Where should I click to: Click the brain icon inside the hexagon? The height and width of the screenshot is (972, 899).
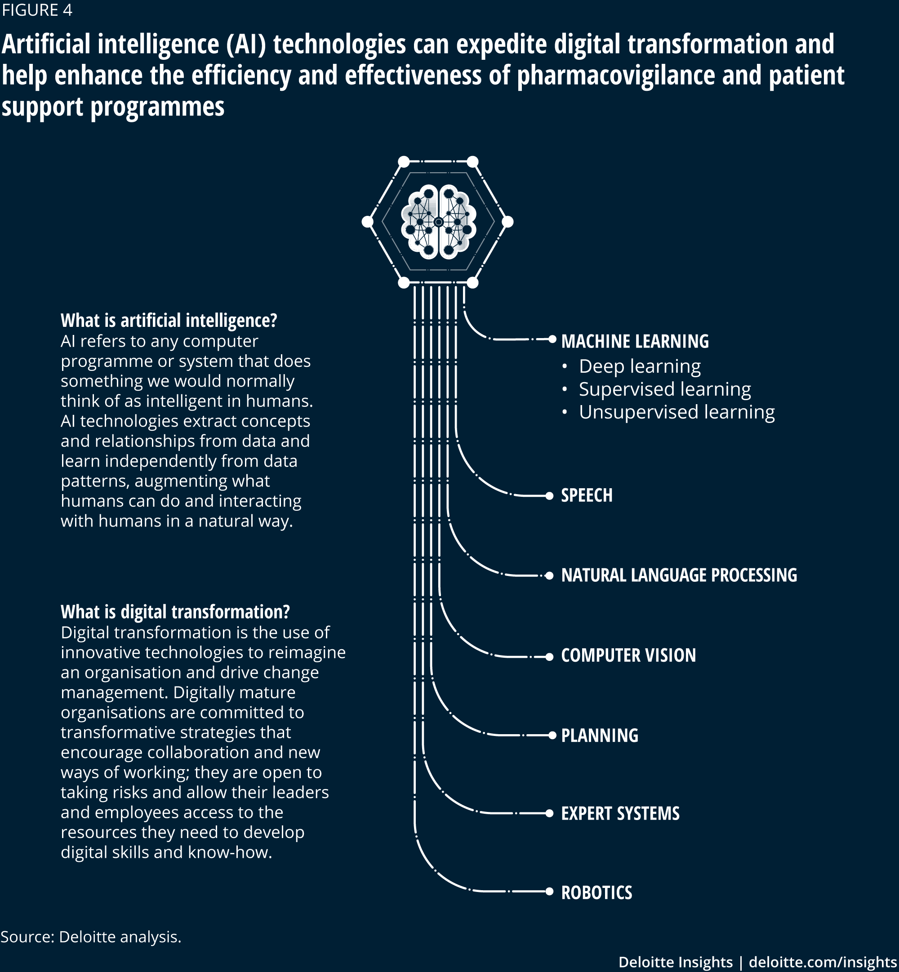(438, 221)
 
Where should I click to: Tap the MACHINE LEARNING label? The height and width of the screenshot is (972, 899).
(635, 342)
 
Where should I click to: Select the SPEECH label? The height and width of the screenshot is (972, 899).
(587, 495)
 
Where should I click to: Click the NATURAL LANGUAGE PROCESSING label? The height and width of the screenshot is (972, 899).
(679, 575)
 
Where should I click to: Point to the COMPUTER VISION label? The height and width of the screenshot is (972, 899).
(628, 655)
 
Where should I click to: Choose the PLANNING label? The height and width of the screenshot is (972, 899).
(600, 735)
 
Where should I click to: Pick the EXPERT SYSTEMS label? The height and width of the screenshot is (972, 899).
(620, 813)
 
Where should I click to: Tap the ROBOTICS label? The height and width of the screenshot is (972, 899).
(597, 893)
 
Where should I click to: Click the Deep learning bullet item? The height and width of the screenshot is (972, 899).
(632, 366)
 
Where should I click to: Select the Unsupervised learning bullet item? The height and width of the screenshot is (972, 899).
(668, 412)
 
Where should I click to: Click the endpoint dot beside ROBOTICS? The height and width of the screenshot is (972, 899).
(549, 891)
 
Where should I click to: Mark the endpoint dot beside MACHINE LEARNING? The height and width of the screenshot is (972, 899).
(552, 339)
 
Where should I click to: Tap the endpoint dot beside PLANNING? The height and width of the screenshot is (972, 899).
(552, 735)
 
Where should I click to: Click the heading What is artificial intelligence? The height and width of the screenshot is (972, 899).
(169, 320)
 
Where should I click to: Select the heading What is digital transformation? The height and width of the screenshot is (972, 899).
(175, 611)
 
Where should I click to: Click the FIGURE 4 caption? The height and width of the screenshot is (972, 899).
(37, 10)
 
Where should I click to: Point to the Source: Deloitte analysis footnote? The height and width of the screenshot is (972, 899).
(91, 937)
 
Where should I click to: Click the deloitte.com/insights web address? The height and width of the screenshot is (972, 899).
(823, 962)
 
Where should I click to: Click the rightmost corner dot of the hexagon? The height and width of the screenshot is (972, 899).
(507, 222)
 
